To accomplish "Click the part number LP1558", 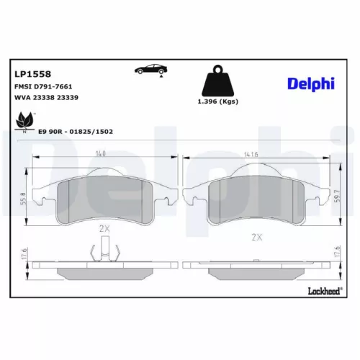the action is pos(32,74).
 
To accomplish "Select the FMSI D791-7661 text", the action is pos(43,86).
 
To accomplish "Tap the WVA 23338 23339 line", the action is pos(46,97).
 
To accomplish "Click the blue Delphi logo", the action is pos(311,84).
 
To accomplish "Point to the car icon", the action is pos(150,69).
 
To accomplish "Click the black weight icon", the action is pos(218,81).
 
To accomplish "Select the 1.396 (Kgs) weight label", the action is pos(218,102).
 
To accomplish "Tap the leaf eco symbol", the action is pos(24,122).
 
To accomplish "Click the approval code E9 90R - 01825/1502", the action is pos(76,132).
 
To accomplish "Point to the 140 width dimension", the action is pos(100,153).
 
